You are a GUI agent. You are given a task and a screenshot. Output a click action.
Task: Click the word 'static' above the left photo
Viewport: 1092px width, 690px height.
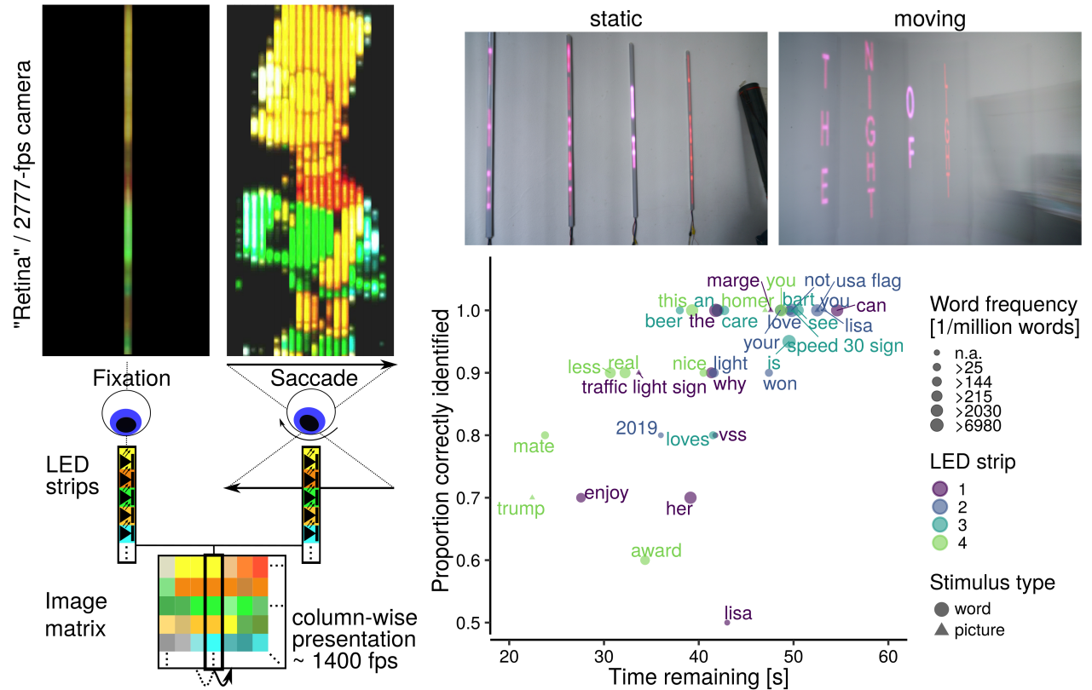(x=615, y=18)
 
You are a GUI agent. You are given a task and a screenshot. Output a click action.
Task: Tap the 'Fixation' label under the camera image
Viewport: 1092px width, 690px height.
(x=131, y=377)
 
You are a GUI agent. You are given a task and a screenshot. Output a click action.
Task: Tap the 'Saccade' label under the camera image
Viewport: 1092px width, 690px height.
(x=314, y=377)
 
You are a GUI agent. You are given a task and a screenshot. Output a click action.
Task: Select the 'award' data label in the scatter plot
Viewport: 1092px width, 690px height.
(x=656, y=551)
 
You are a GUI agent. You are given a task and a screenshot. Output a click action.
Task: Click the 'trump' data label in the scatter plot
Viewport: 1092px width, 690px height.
(x=521, y=509)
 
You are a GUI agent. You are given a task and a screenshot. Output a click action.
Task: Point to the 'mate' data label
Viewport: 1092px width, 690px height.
(x=534, y=446)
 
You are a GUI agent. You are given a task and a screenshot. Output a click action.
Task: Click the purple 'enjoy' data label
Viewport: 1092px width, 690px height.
(x=607, y=492)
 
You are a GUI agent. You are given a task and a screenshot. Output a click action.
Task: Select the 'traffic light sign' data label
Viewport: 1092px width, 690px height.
(x=644, y=388)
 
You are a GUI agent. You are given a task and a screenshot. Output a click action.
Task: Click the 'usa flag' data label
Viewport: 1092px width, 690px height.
(x=869, y=281)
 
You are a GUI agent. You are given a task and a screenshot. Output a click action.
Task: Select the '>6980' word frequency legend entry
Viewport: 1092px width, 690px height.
(x=978, y=425)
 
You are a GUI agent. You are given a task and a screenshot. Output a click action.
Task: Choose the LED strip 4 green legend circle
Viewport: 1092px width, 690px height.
(x=938, y=541)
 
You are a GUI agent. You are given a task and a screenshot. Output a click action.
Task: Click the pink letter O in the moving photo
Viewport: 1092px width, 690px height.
(x=910, y=104)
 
